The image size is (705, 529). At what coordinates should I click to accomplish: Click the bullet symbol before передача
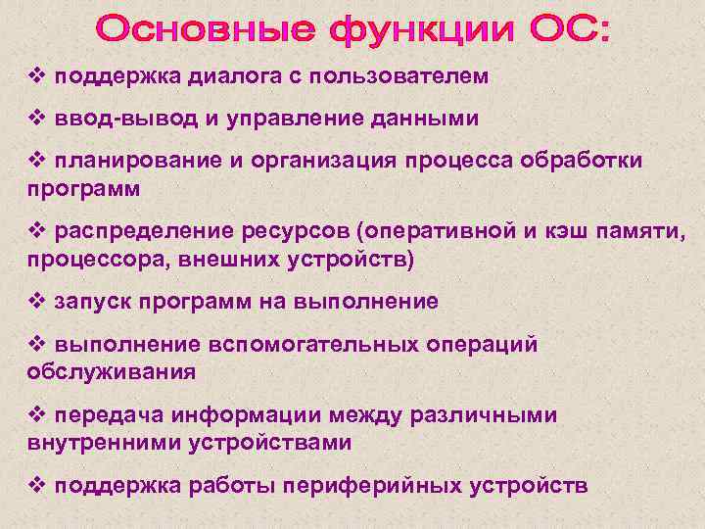coord(38,414)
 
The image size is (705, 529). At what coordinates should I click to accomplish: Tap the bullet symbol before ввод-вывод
coord(38,119)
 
